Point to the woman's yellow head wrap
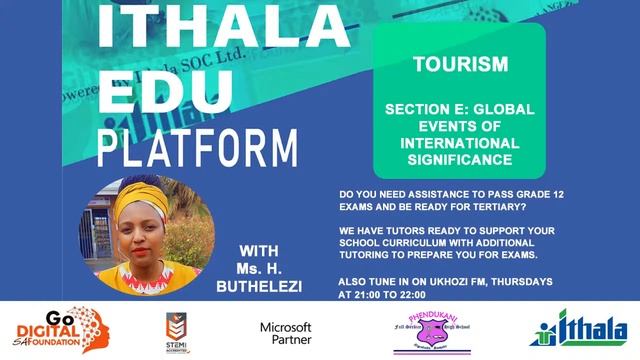pyautogui.click(x=160, y=200)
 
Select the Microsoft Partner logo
pyautogui.click(x=286, y=332)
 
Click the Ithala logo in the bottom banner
pyautogui.click(x=579, y=331)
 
